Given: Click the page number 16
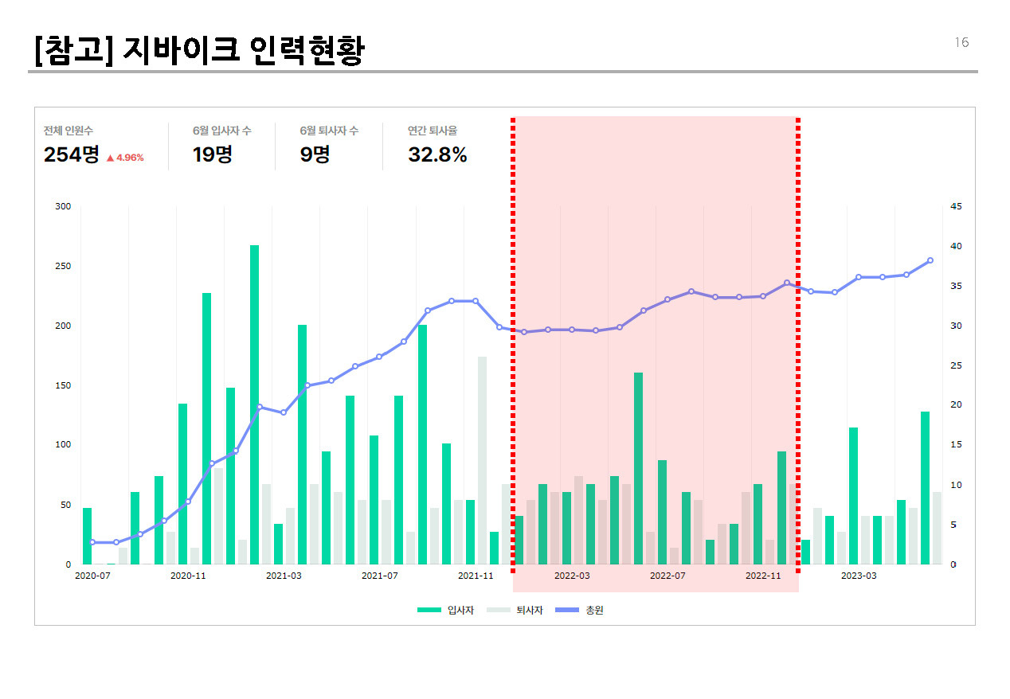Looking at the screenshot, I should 961,43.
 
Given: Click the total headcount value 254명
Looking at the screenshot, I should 72,154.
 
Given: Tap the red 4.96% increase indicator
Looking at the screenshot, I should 125,158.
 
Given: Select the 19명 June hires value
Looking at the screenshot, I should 212,154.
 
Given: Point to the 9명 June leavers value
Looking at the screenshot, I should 315,154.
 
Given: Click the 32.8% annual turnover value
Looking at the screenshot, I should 437,154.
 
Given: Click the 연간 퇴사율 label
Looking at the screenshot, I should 433,131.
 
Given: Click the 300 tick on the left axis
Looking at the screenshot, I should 63,207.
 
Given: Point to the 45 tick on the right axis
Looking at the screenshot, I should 957,207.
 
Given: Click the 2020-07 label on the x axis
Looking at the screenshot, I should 92,576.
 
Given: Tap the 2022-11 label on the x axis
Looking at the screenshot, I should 763,576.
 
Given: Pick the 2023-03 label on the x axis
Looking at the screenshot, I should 859,576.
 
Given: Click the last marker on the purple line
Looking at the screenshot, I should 930,260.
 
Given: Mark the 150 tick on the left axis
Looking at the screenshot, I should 63,385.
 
